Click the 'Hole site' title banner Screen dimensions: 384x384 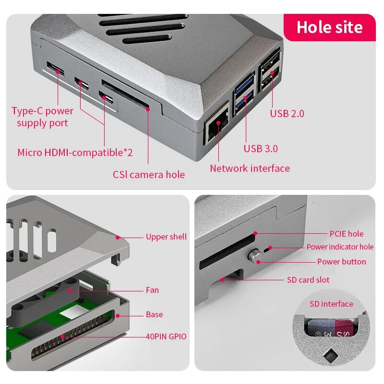[x=329, y=27]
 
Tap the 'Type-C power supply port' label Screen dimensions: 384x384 [x=42, y=117]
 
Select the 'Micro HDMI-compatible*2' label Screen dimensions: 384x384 [x=75, y=153]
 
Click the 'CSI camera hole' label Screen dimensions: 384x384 [x=149, y=175]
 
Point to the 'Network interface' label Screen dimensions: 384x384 [x=250, y=168]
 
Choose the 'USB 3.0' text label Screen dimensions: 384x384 [x=261, y=149]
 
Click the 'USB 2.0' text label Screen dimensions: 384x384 [x=287, y=114]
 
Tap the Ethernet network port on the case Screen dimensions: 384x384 [x=217, y=127]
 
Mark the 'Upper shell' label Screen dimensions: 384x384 [x=166, y=237]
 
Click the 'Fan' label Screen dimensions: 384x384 [x=152, y=290]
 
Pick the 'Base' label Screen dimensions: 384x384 [x=154, y=315]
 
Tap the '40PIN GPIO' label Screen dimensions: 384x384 [x=166, y=337]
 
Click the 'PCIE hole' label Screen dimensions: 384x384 [x=346, y=234]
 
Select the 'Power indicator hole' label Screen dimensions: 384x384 [x=340, y=247]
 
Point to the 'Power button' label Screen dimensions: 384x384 [x=341, y=262]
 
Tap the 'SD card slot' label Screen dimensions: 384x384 [x=308, y=280]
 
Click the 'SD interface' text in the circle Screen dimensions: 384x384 [x=331, y=304]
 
